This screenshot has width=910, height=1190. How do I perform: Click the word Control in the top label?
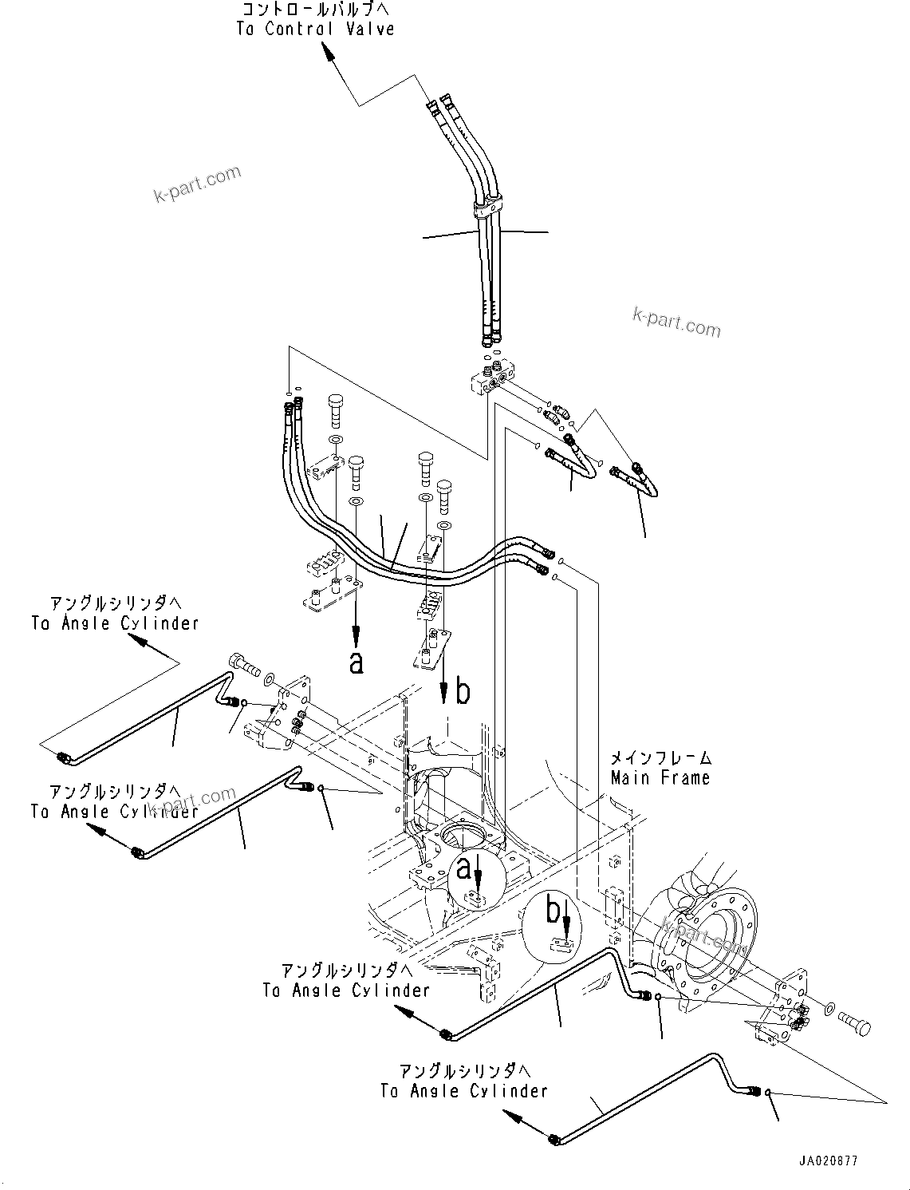click(299, 29)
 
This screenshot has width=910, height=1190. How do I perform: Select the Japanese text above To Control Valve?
click(315, 10)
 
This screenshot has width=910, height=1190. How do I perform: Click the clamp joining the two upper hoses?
click(489, 208)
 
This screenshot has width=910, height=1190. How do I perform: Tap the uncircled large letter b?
click(463, 692)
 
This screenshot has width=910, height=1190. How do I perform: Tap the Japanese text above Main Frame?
click(660, 758)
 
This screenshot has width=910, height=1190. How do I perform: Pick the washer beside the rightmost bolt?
click(830, 1010)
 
